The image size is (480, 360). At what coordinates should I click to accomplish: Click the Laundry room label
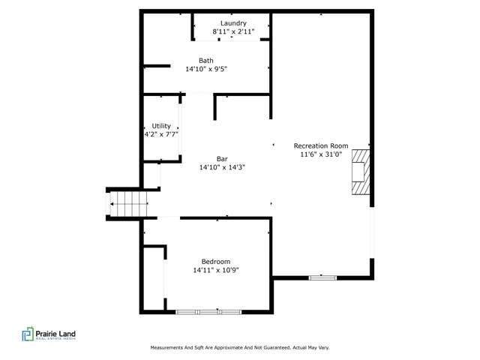coord(233,23)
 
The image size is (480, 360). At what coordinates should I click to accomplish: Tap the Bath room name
coord(206,60)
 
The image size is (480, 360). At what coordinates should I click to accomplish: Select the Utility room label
coord(161,126)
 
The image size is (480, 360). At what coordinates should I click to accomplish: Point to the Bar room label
coord(222,158)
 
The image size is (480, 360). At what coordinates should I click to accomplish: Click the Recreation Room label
coord(321,145)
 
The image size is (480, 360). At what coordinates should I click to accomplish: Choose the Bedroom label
coord(216,261)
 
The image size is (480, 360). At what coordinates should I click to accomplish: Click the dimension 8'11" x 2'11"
coord(233,32)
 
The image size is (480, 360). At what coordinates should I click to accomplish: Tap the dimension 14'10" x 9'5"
coord(206,69)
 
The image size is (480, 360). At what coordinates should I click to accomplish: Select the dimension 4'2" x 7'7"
coord(161,135)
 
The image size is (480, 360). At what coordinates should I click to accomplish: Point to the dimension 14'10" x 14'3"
coord(222,167)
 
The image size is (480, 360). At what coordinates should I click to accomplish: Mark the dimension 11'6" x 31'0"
coord(321,154)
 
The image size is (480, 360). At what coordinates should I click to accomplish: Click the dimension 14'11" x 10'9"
coord(216,270)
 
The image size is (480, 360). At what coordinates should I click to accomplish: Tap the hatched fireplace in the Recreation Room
coord(361,171)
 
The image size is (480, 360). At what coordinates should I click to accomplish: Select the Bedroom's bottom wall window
coord(209,311)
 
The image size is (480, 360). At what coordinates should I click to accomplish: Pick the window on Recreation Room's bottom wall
coord(323,277)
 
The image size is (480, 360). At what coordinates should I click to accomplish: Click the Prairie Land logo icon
coord(28,334)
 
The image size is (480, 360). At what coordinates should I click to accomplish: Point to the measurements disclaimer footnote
coord(240,347)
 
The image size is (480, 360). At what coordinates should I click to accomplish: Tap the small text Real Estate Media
coord(56,340)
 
